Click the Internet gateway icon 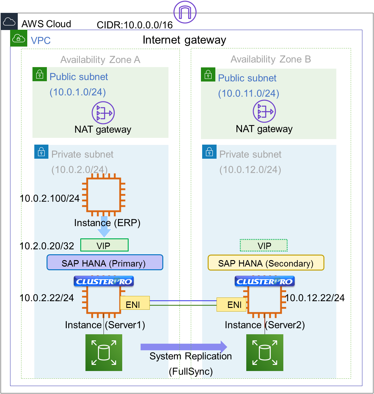185,12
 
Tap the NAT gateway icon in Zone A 103,113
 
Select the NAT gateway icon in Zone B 264,112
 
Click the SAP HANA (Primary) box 105,263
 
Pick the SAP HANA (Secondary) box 266,263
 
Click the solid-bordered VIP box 104,245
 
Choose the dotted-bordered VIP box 264,245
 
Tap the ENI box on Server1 135,303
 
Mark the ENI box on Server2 231,304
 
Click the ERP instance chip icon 104,195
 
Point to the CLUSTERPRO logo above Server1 104,281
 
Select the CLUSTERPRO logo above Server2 265,281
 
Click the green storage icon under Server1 104,353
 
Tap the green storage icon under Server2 265,353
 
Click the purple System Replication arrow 184,347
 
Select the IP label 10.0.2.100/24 50,199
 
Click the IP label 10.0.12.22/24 315,298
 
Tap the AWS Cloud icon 9,22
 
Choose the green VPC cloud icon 19,38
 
